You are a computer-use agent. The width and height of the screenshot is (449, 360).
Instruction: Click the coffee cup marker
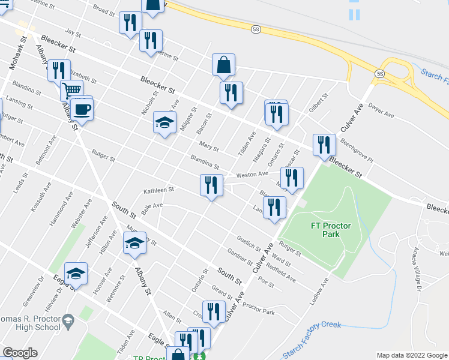click(x=82, y=109)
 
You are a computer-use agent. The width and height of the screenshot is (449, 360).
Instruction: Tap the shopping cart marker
click(x=71, y=91)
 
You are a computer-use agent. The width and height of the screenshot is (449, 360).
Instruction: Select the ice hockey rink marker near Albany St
click(x=135, y=244)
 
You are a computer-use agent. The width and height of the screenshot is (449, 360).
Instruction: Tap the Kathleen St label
click(x=158, y=191)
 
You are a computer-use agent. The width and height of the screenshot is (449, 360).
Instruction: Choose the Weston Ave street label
click(x=252, y=174)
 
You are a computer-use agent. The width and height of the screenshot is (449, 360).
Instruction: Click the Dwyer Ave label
click(x=381, y=113)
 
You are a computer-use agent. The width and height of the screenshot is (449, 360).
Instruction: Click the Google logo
click(x=19, y=353)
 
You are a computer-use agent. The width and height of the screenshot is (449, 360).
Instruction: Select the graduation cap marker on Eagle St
click(x=76, y=274)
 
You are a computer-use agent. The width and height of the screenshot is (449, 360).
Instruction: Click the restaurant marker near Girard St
click(x=214, y=312)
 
